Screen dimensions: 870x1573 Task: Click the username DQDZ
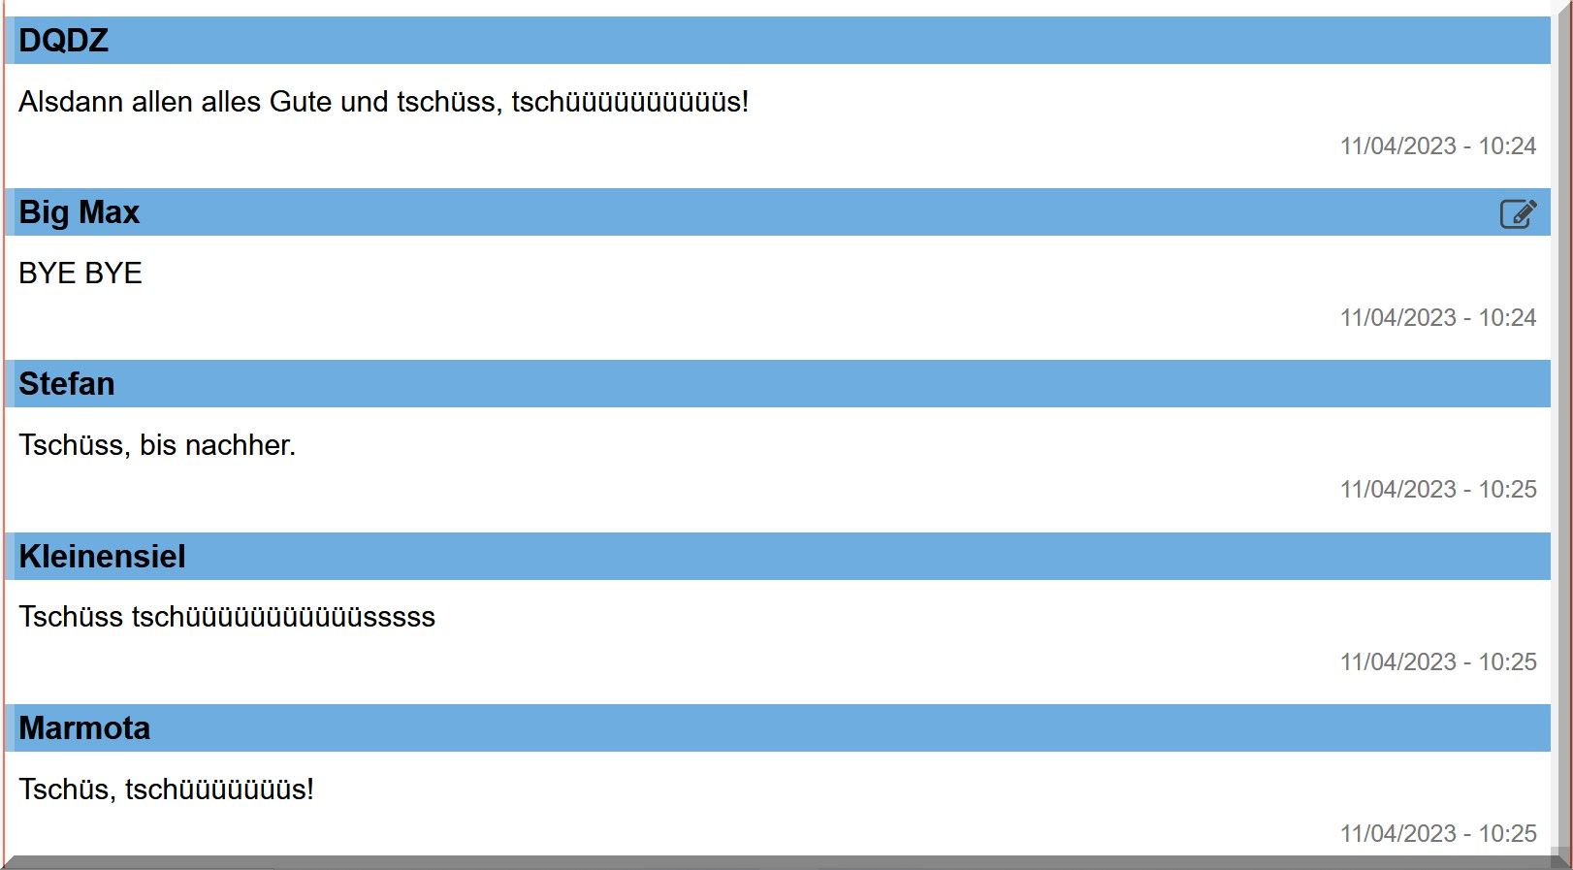[63, 41]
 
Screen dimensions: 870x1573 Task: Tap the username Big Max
[79, 212]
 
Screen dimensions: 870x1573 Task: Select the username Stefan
[66, 384]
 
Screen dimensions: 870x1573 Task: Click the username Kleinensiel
[102, 557]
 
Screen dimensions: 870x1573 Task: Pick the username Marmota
[84, 728]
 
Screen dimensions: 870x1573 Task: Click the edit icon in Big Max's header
[1518, 213]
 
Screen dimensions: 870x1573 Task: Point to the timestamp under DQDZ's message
[1437, 146]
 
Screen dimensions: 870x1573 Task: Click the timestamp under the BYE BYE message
[1437, 318]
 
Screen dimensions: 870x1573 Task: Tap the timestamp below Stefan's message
[1437, 490]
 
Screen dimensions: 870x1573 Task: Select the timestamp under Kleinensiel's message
[1437, 662]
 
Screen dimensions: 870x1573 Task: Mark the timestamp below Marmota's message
[1437, 834]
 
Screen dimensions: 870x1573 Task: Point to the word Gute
[301, 102]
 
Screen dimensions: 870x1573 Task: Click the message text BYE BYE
[80, 274]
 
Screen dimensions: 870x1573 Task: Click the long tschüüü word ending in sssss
[283, 618]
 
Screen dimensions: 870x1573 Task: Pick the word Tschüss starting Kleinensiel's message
[71, 618]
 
